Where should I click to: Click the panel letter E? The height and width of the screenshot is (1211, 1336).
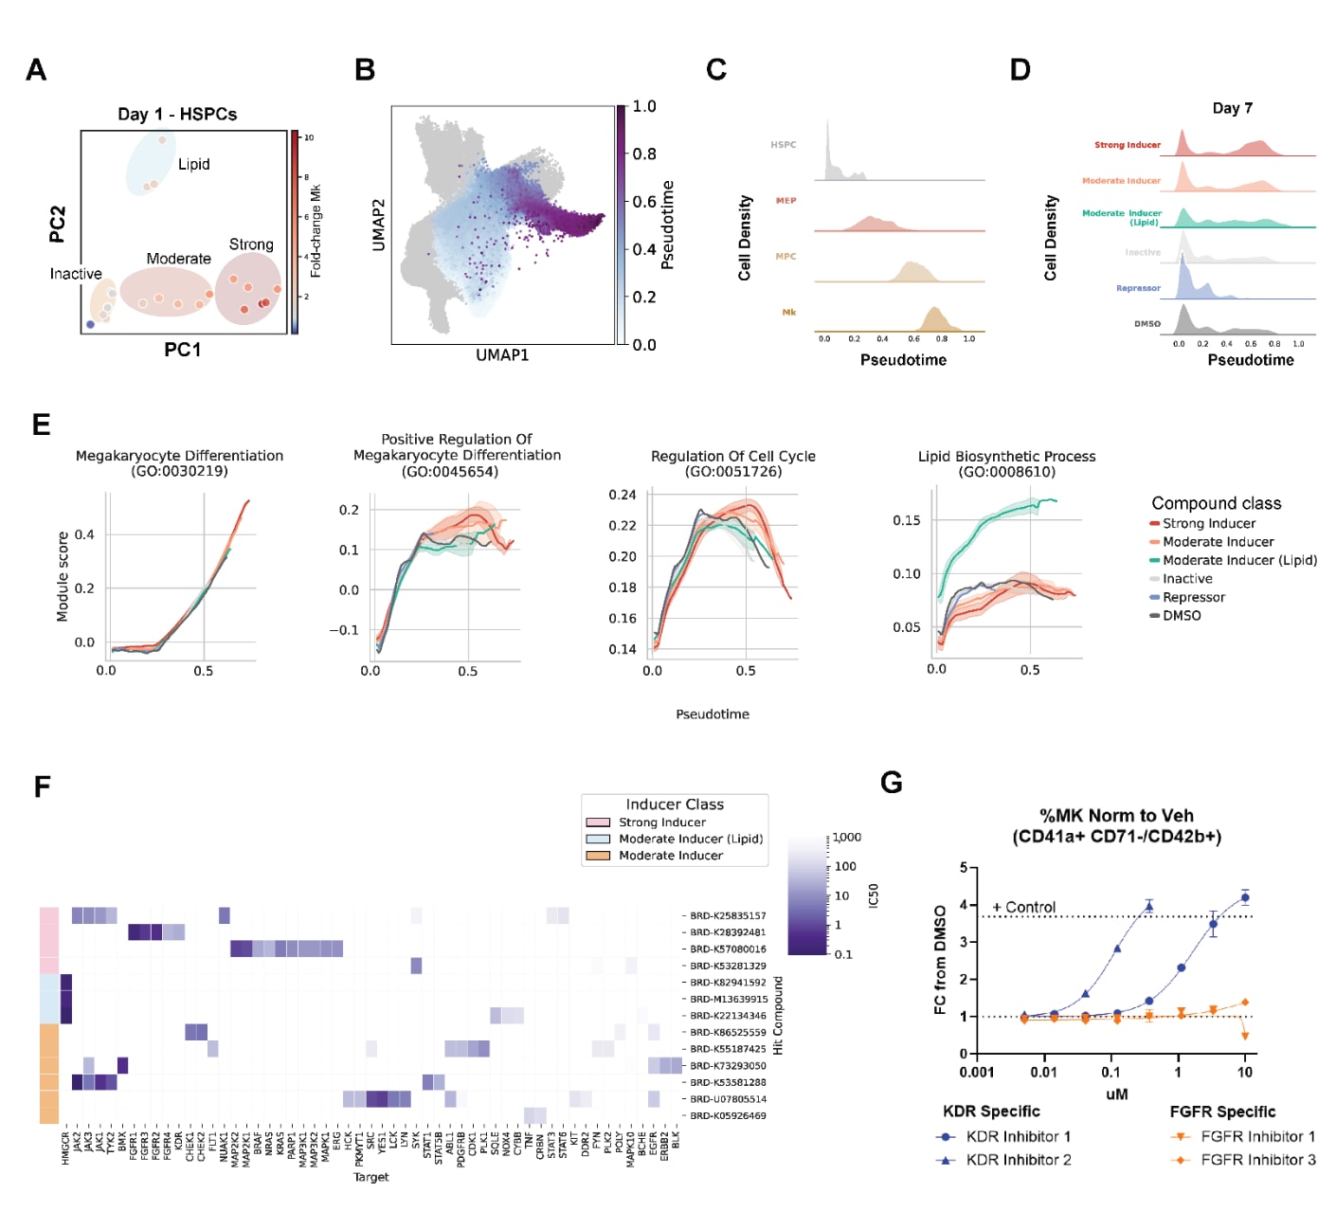(x=41, y=425)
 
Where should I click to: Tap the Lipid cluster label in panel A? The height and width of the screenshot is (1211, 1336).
(x=193, y=164)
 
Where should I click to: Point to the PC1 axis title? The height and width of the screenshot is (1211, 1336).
(x=182, y=350)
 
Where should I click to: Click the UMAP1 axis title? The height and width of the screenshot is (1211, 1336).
(x=502, y=355)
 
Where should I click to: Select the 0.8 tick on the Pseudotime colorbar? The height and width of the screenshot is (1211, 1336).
(x=644, y=154)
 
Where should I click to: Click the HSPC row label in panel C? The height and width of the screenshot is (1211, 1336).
(x=783, y=145)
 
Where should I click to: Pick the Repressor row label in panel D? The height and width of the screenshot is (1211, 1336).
(x=1138, y=288)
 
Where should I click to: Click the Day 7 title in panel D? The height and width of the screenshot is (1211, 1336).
(x=1232, y=108)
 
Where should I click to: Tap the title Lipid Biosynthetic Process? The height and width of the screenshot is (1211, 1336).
(x=1006, y=457)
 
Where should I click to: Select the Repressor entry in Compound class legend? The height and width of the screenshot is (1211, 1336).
(x=1193, y=597)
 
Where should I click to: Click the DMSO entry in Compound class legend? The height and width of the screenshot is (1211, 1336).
(x=1182, y=616)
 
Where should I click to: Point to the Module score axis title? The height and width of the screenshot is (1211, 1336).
(x=63, y=576)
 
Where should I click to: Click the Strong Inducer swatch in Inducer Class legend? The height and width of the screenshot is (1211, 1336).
(x=598, y=822)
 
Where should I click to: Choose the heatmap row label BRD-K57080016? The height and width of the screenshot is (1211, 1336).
(x=728, y=949)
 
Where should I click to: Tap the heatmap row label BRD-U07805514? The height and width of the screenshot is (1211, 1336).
(x=728, y=1099)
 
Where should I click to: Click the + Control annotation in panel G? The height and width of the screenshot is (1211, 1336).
(x=1023, y=907)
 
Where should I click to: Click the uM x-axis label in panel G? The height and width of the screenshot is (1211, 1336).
(x=1116, y=1094)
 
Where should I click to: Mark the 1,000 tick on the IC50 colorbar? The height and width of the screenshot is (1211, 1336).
(x=847, y=838)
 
